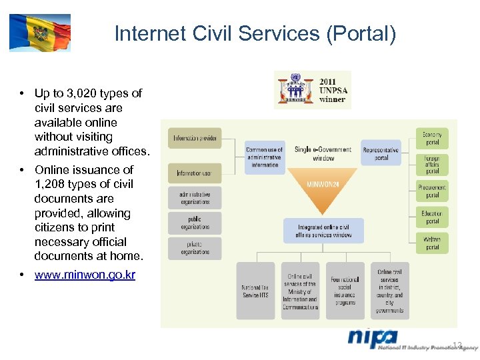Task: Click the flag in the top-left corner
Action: (39, 33)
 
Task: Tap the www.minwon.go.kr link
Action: (85, 275)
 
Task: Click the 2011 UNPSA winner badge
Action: (312, 90)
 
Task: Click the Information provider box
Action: (195, 139)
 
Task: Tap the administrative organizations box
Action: (195, 198)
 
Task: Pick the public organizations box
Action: (195, 223)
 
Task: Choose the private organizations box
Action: (195, 248)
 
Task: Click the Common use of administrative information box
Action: (265, 157)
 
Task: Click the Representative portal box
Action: (381, 153)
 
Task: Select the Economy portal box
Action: (432, 138)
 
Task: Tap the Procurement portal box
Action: (432, 191)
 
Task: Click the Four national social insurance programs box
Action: (345, 291)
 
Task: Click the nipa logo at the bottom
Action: (373, 339)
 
